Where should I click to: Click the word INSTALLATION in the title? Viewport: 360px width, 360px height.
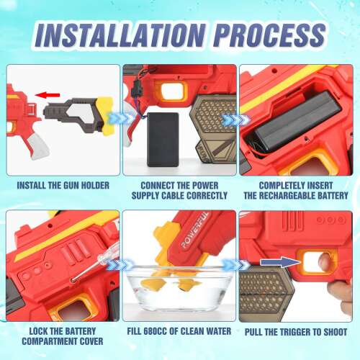point(120,35)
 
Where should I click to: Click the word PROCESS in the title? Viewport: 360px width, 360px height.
point(269,35)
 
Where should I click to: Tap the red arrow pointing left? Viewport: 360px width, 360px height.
point(48,95)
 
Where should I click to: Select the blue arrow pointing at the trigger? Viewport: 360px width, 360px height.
point(280,262)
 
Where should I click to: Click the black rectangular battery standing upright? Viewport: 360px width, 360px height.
point(163,139)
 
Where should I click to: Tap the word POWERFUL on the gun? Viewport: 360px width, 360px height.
point(195,230)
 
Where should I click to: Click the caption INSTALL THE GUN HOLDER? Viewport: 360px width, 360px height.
point(63,186)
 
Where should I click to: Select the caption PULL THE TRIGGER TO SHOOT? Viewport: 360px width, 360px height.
point(296,332)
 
